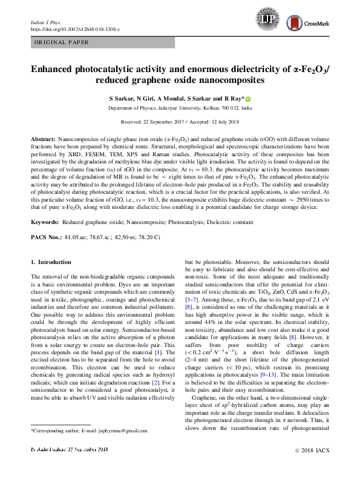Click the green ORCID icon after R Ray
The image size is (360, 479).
coord(247,98)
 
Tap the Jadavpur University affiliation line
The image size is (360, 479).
coord(179,108)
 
